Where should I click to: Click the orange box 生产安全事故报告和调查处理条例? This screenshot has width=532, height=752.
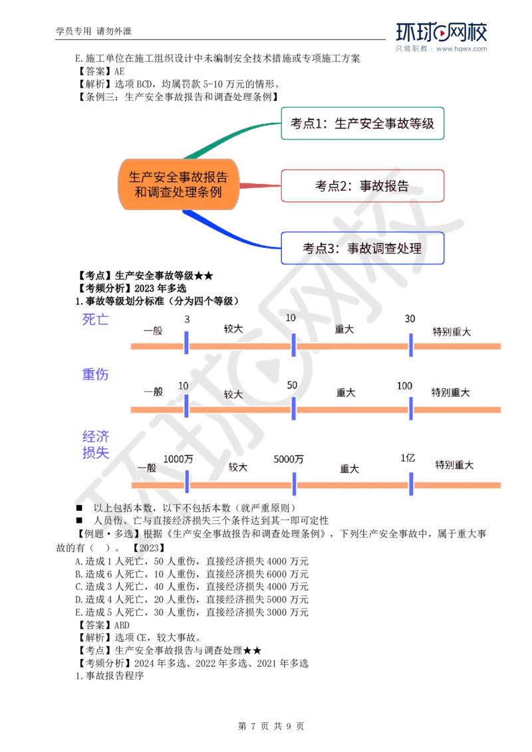click(x=178, y=185)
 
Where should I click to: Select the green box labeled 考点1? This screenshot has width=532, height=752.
click(x=362, y=124)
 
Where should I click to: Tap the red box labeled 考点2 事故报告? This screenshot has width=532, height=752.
click(x=362, y=186)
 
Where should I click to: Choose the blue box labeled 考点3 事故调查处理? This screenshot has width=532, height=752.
click(x=362, y=248)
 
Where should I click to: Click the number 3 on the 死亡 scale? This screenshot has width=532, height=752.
click(x=187, y=320)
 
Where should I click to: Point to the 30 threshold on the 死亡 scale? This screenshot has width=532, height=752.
click(x=410, y=320)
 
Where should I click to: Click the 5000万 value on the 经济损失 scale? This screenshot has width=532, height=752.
click(x=289, y=459)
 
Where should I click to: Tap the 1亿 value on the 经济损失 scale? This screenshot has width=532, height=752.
click(x=408, y=458)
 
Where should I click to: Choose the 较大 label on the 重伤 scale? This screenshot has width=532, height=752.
click(x=233, y=394)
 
